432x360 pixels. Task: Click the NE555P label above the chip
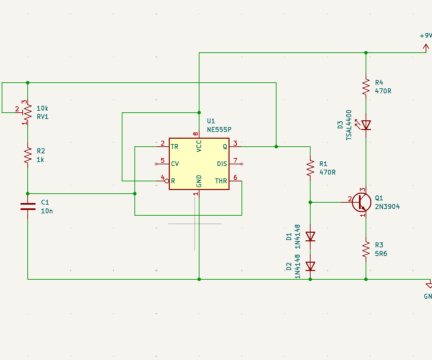click(x=219, y=130)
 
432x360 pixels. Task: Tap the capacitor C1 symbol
click(x=28, y=206)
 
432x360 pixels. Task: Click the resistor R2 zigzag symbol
click(x=28, y=155)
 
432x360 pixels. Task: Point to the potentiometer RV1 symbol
click(x=28, y=113)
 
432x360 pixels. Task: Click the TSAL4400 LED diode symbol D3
click(x=366, y=125)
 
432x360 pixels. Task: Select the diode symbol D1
click(x=310, y=236)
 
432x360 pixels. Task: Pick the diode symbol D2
click(x=310, y=266)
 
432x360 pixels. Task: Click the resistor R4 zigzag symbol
click(x=366, y=87)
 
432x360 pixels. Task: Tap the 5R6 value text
click(x=381, y=254)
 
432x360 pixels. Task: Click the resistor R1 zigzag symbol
click(x=310, y=168)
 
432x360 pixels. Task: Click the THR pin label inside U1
click(x=221, y=181)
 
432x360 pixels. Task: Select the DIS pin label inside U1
click(x=222, y=164)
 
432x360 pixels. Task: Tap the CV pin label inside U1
click(x=175, y=164)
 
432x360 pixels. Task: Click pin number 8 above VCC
click(x=196, y=134)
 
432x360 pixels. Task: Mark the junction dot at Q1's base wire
click(x=310, y=202)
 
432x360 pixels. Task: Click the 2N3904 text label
click(x=387, y=207)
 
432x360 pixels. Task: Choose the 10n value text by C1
click(x=47, y=211)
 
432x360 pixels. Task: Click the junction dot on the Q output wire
click(x=276, y=147)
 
